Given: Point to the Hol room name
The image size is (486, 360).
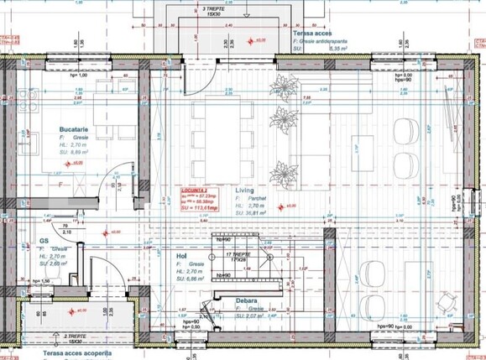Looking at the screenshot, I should coord(181,255).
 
